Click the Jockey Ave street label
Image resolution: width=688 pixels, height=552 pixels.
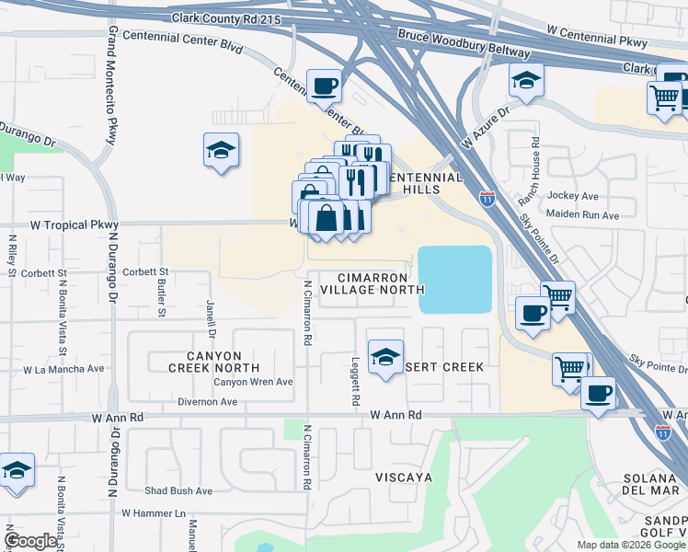(572, 196)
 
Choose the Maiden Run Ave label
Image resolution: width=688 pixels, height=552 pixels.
(582, 215)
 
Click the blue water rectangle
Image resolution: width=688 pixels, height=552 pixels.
(454, 280)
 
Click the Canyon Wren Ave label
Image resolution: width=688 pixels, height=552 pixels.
(253, 382)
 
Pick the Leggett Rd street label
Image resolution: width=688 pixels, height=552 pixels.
(354, 382)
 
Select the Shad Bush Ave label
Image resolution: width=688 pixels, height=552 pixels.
(178, 491)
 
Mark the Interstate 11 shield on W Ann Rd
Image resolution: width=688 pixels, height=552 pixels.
(662, 431)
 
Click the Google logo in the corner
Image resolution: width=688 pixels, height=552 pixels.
(30, 541)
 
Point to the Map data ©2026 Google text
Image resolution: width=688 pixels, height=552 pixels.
(630, 545)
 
